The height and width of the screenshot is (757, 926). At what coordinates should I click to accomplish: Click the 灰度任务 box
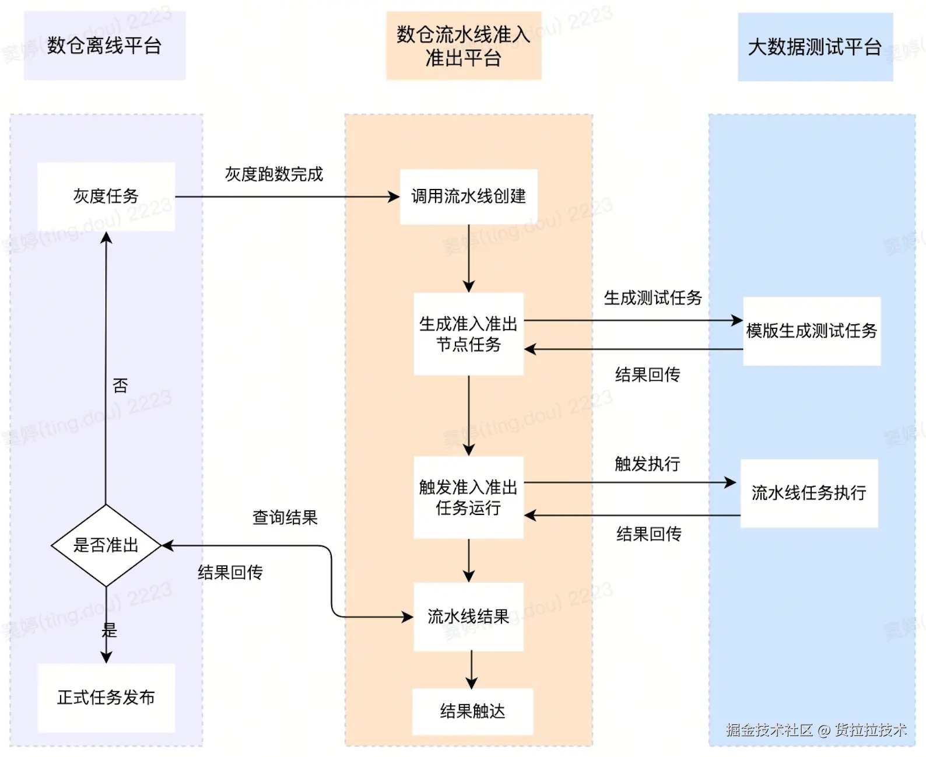pyautogui.click(x=106, y=197)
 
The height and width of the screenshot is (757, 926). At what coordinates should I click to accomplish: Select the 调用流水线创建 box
pyautogui.click(x=468, y=197)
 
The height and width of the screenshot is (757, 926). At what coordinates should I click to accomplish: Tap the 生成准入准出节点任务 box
pyautogui.click(x=468, y=334)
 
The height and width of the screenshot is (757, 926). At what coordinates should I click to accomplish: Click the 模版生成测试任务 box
pyautogui.click(x=811, y=331)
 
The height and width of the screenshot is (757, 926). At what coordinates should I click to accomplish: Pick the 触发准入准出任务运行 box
pyautogui.click(x=468, y=497)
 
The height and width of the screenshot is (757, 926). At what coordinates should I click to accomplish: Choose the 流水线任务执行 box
pyautogui.click(x=809, y=493)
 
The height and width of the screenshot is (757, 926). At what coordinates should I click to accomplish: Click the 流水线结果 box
pyautogui.click(x=468, y=616)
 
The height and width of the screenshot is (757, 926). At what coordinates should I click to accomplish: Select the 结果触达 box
pyautogui.click(x=472, y=712)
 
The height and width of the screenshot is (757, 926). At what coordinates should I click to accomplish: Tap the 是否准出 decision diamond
pyautogui.click(x=106, y=545)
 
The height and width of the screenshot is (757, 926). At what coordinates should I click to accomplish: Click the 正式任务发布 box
pyautogui.click(x=106, y=698)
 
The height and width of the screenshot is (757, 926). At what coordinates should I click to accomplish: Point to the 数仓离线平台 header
pyautogui.click(x=104, y=45)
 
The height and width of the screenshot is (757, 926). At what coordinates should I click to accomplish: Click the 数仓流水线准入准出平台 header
pyautogui.click(x=464, y=46)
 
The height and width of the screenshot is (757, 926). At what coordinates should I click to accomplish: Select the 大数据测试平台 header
pyautogui.click(x=815, y=47)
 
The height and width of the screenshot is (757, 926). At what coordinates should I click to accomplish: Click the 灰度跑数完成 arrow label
pyautogui.click(x=274, y=174)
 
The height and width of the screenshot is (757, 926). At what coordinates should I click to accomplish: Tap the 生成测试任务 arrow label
pyautogui.click(x=653, y=298)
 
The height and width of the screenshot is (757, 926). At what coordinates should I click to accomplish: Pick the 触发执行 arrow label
pyautogui.click(x=647, y=464)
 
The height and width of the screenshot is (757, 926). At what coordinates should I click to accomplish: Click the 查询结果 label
pyautogui.click(x=285, y=517)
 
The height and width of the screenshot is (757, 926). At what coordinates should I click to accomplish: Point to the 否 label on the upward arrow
pyautogui.click(x=120, y=385)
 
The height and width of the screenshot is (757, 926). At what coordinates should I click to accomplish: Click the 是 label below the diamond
pyautogui.click(x=110, y=630)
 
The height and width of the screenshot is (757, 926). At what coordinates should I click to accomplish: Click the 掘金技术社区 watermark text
pyautogui.click(x=769, y=730)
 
